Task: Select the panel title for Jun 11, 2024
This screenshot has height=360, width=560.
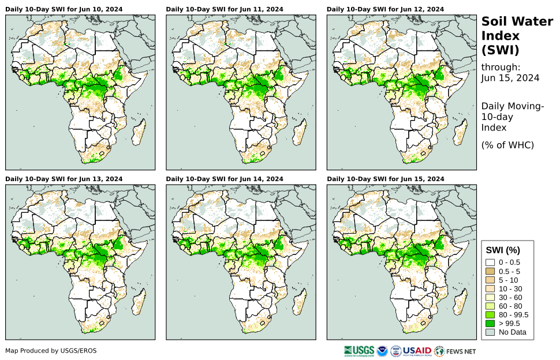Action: click(x=225, y=9)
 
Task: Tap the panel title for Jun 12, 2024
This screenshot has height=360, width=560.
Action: click(x=385, y=9)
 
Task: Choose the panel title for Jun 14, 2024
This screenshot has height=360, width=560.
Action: click(x=225, y=179)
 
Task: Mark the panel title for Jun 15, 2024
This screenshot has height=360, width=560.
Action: click(x=385, y=179)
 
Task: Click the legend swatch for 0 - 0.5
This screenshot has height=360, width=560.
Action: click(x=490, y=262)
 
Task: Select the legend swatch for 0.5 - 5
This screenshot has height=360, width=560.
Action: click(x=490, y=271)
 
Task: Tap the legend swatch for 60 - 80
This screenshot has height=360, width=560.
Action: click(x=490, y=306)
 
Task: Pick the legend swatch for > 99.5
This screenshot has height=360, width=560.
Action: click(x=490, y=323)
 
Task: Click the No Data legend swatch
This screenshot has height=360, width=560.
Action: click(x=490, y=332)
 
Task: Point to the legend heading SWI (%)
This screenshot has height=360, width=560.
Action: click(x=503, y=250)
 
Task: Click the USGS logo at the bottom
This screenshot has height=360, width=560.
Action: click(x=358, y=350)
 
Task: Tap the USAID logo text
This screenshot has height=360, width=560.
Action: click(x=417, y=350)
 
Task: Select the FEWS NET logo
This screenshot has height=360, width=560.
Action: click(x=456, y=350)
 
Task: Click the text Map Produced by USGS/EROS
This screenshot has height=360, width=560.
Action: click(x=51, y=351)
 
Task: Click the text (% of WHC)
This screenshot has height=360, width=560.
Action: click(x=507, y=145)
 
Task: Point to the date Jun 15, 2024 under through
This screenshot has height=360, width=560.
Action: click(x=510, y=78)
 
